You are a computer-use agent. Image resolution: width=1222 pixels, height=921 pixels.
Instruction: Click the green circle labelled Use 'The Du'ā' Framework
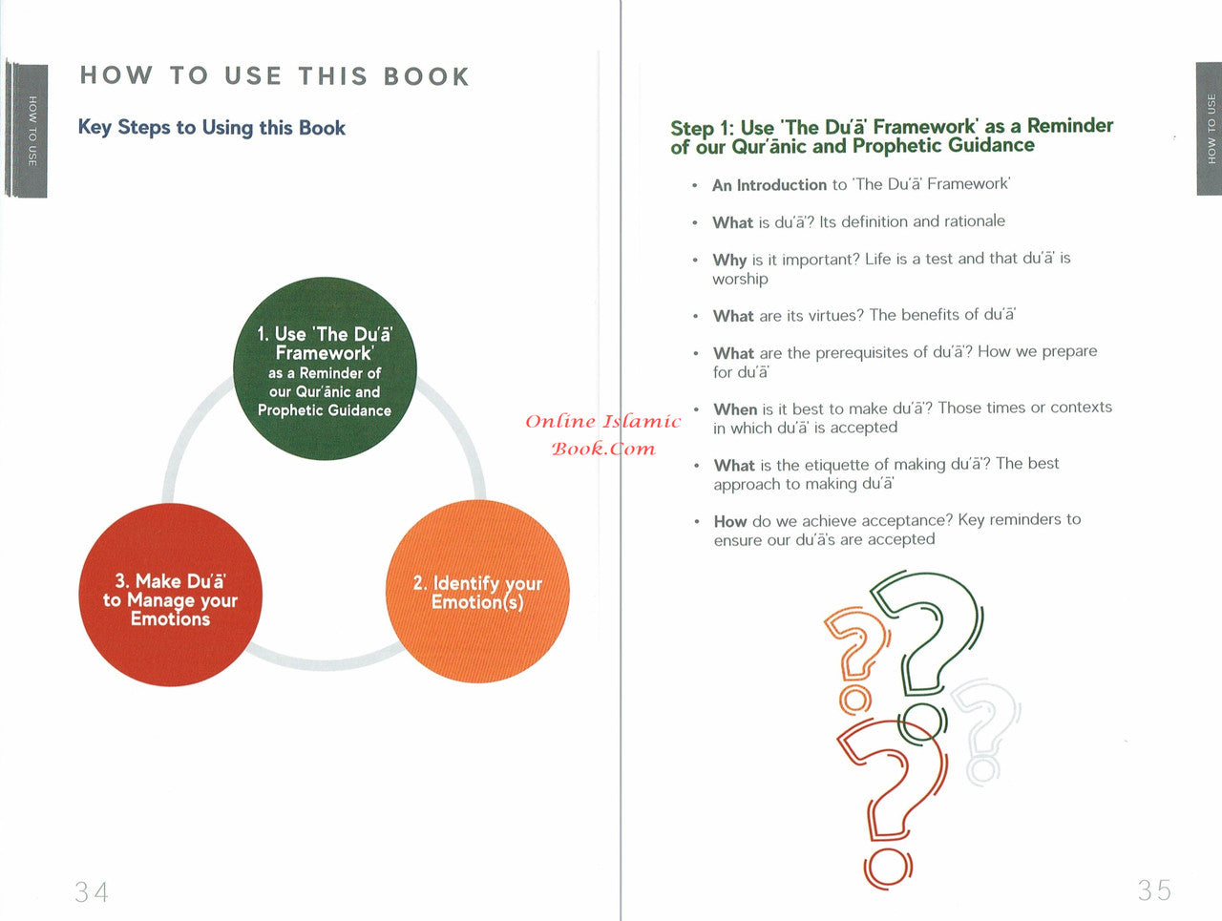(326, 368)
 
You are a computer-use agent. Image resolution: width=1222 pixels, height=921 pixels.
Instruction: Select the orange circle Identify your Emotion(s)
(477, 592)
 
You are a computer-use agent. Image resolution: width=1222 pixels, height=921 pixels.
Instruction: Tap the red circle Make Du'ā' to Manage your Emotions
(170, 595)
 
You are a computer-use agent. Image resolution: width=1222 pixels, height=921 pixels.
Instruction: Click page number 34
(92, 892)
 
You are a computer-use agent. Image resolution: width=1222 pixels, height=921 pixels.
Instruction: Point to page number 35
(1154, 890)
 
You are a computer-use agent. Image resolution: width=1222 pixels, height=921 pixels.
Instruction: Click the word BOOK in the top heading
(427, 76)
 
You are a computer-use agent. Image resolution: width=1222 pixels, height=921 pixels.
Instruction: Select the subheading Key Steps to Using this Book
(212, 128)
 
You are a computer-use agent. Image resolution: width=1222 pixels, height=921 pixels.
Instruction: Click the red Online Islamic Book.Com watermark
(603, 435)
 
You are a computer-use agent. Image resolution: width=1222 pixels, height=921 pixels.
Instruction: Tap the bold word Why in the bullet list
(729, 260)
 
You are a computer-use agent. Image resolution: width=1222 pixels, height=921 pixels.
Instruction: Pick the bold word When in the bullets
(735, 409)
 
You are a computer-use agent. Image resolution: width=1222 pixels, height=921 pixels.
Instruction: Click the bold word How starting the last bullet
(730, 521)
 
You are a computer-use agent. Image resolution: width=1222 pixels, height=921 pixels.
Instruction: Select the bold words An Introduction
(769, 185)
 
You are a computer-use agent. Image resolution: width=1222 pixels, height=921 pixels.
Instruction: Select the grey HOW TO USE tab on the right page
(1210, 129)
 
